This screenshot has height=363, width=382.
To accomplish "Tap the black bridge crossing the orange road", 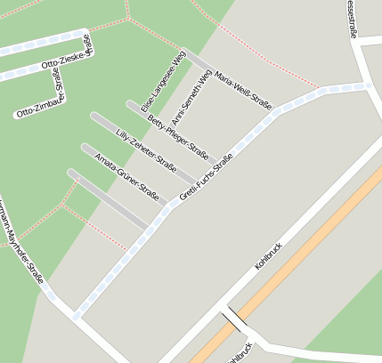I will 234,319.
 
